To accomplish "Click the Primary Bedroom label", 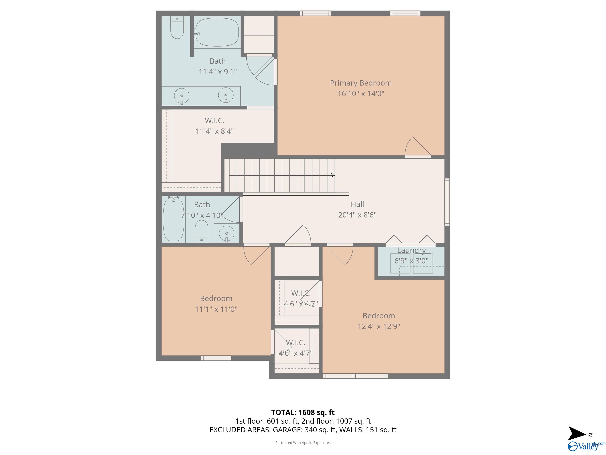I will point(361,83).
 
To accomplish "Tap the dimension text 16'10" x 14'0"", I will point(361,94).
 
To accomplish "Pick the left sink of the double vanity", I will point(182,96).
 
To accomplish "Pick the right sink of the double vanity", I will point(226,95).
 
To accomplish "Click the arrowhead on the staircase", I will point(333,175).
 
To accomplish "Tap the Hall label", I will point(357,204).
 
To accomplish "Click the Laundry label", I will point(411,250).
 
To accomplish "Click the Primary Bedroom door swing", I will point(416,147).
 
